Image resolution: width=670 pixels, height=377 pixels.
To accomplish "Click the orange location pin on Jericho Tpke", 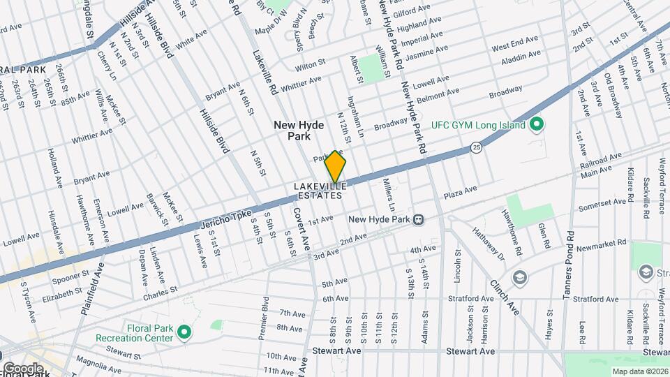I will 335,166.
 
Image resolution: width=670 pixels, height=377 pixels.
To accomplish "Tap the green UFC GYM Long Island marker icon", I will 536,125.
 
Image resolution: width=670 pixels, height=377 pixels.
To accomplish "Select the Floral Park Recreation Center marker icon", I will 184,332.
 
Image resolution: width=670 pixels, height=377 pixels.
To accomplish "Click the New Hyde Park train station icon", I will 419,219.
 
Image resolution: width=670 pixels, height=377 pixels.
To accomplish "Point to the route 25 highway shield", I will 476,147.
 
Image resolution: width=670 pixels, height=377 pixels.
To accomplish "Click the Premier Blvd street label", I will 264,318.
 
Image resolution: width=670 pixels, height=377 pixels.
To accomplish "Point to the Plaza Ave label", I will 460,190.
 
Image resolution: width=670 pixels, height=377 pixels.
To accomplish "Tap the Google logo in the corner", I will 22,369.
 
